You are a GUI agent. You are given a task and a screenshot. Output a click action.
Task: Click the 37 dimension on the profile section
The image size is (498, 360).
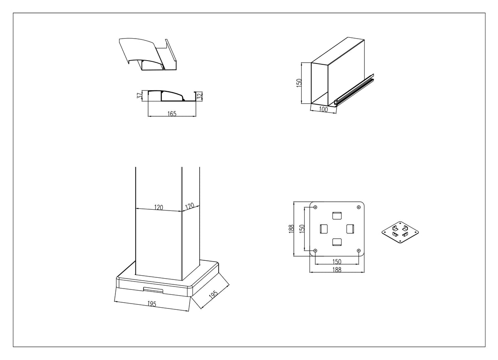pyautogui.click(x=139, y=96)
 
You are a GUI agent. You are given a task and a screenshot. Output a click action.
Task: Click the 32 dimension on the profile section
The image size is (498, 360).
pyautogui.click(x=200, y=96)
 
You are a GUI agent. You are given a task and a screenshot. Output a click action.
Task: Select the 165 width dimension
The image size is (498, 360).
pyautogui.click(x=172, y=114)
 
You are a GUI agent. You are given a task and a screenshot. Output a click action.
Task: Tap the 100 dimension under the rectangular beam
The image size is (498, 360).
pyautogui.click(x=323, y=109)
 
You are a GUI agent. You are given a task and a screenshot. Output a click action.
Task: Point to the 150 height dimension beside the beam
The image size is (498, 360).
pyautogui.click(x=299, y=83)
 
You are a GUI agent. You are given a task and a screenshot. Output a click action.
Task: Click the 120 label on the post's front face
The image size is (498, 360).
pyautogui.click(x=159, y=207)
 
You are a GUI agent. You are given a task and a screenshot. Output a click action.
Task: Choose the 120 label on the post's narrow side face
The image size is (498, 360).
pyautogui.click(x=189, y=206)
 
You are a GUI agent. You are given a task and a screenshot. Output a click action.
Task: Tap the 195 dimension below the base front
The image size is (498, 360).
pyautogui.click(x=152, y=304)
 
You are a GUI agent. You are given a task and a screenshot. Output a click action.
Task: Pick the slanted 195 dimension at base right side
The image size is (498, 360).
pyautogui.click(x=213, y=294)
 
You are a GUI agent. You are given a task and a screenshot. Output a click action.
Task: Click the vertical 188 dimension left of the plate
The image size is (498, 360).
pyautogui.click(x=291, y=229)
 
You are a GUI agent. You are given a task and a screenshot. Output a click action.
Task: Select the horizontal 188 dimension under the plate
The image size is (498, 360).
pyautogui.click(x=337, y=269)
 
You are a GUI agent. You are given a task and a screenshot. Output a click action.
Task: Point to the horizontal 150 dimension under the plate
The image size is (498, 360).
pyautogui.click(x=337, y=262)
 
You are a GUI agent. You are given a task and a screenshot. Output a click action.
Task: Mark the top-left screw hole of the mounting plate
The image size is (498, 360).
pyautogui.click(x=315, y=207)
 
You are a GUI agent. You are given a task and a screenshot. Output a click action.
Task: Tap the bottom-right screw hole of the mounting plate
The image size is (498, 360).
pyautogui.click(x=359, y=251)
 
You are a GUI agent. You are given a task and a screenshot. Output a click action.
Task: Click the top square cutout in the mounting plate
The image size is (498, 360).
pyautogui.click(x=337, y=216)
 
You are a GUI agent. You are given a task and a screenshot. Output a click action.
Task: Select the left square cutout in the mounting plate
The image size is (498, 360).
pyautogui.click(x=324, y=229)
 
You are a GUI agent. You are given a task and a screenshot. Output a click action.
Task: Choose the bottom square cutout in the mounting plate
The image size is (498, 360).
pyautogui.click(x=337, y=242)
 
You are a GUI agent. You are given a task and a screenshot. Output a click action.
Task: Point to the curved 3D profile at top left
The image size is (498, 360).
pyautogui.click(x=148, y=54)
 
